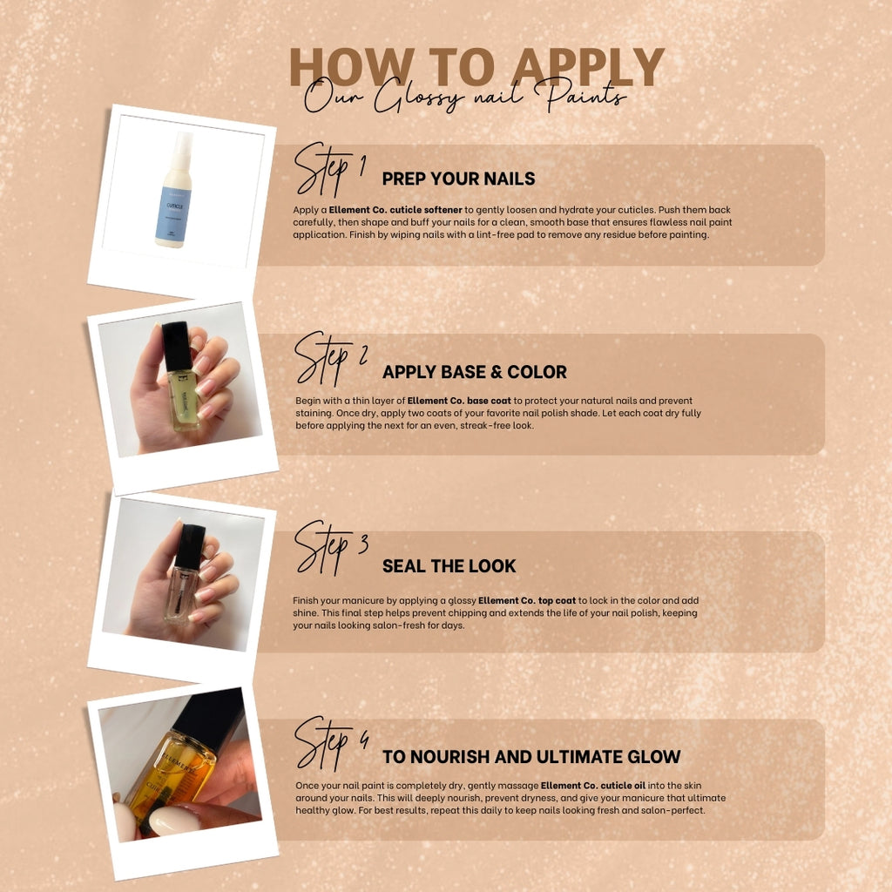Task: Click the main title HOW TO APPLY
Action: point(476,66)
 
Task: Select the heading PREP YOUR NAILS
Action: point(458,179)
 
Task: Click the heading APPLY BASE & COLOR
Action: point(474,372)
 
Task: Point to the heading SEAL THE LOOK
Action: point(449,566)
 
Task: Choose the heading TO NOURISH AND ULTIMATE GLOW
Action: point(531,757)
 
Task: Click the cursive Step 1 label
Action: point(328,170)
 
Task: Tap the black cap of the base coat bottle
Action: point(177,345)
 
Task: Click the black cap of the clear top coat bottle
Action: point(189,545)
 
